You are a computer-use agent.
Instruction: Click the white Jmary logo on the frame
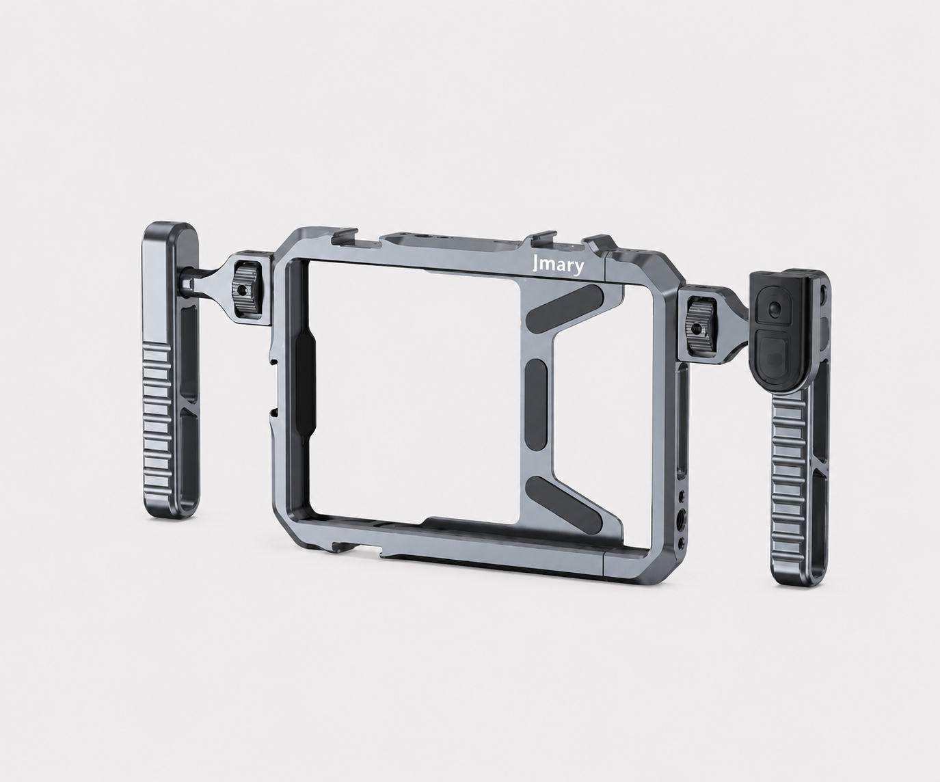click(558, 266)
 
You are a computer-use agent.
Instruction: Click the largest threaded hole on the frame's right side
click(680, 515)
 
